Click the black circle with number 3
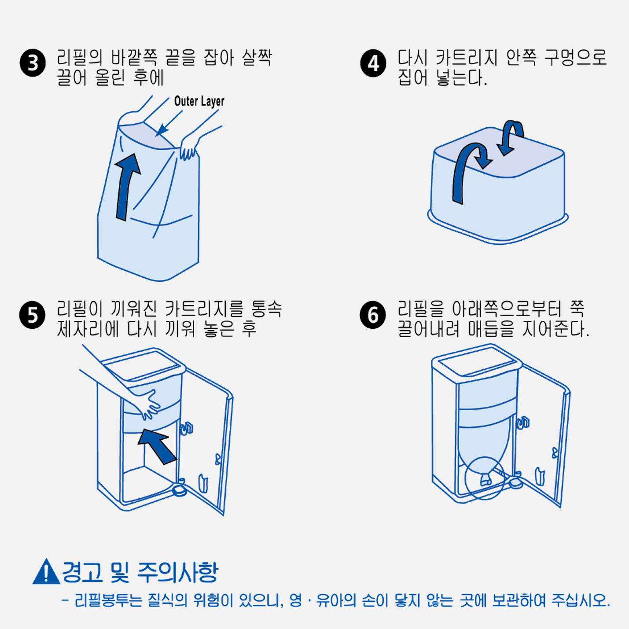[33, 63]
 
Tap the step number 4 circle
[373, 63]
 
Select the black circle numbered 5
[33, 315]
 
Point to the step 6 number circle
[373, 315]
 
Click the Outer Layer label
[199, 101]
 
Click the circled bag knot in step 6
[485, 478]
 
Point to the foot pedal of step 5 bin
[180, 489]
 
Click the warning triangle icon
[46, 572]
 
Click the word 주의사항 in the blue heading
[178, 572]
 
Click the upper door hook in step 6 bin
[523, 423]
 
